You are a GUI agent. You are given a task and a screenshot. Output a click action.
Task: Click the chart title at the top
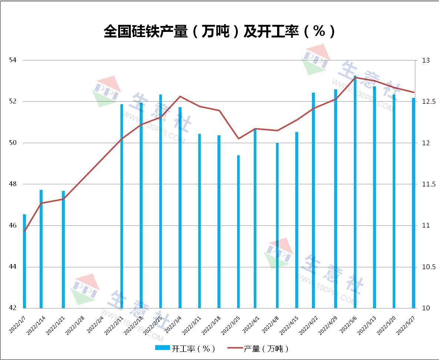tap(219, 32)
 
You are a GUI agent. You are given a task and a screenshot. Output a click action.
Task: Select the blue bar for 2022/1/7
tap(24, 261)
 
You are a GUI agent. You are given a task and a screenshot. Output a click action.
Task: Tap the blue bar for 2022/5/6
tap(355, 193)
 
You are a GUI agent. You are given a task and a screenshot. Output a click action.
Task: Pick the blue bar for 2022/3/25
tap(239, 232)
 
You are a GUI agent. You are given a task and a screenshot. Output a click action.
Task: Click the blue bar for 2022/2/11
tap(122, 206)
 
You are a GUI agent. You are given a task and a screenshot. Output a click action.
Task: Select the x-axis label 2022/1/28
tap(75, 325)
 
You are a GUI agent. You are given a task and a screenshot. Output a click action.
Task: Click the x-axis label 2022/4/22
tap(308, 325)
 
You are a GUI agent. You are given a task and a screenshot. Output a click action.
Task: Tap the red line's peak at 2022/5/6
tap(355, 77)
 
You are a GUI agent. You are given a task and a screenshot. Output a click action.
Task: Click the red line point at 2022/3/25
tap(239, 139)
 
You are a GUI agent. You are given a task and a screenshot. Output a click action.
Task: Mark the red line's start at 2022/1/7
tap(24, 231)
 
